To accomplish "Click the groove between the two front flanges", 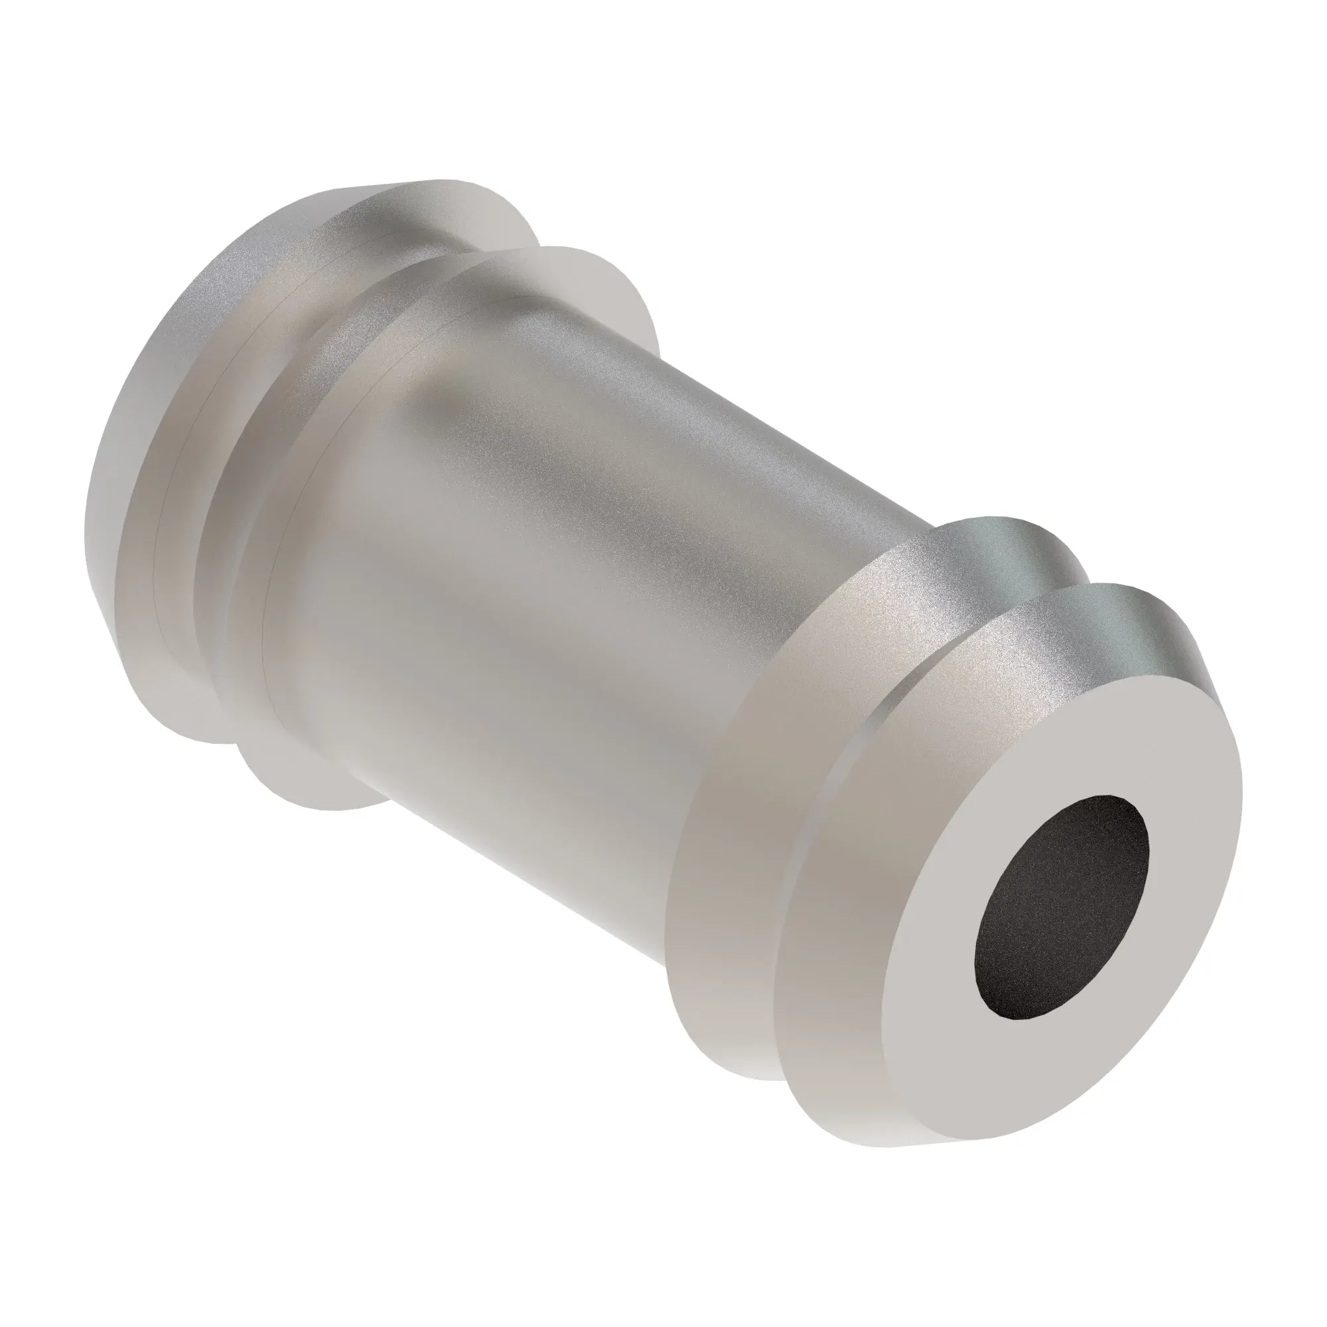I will pos(1051,591).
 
